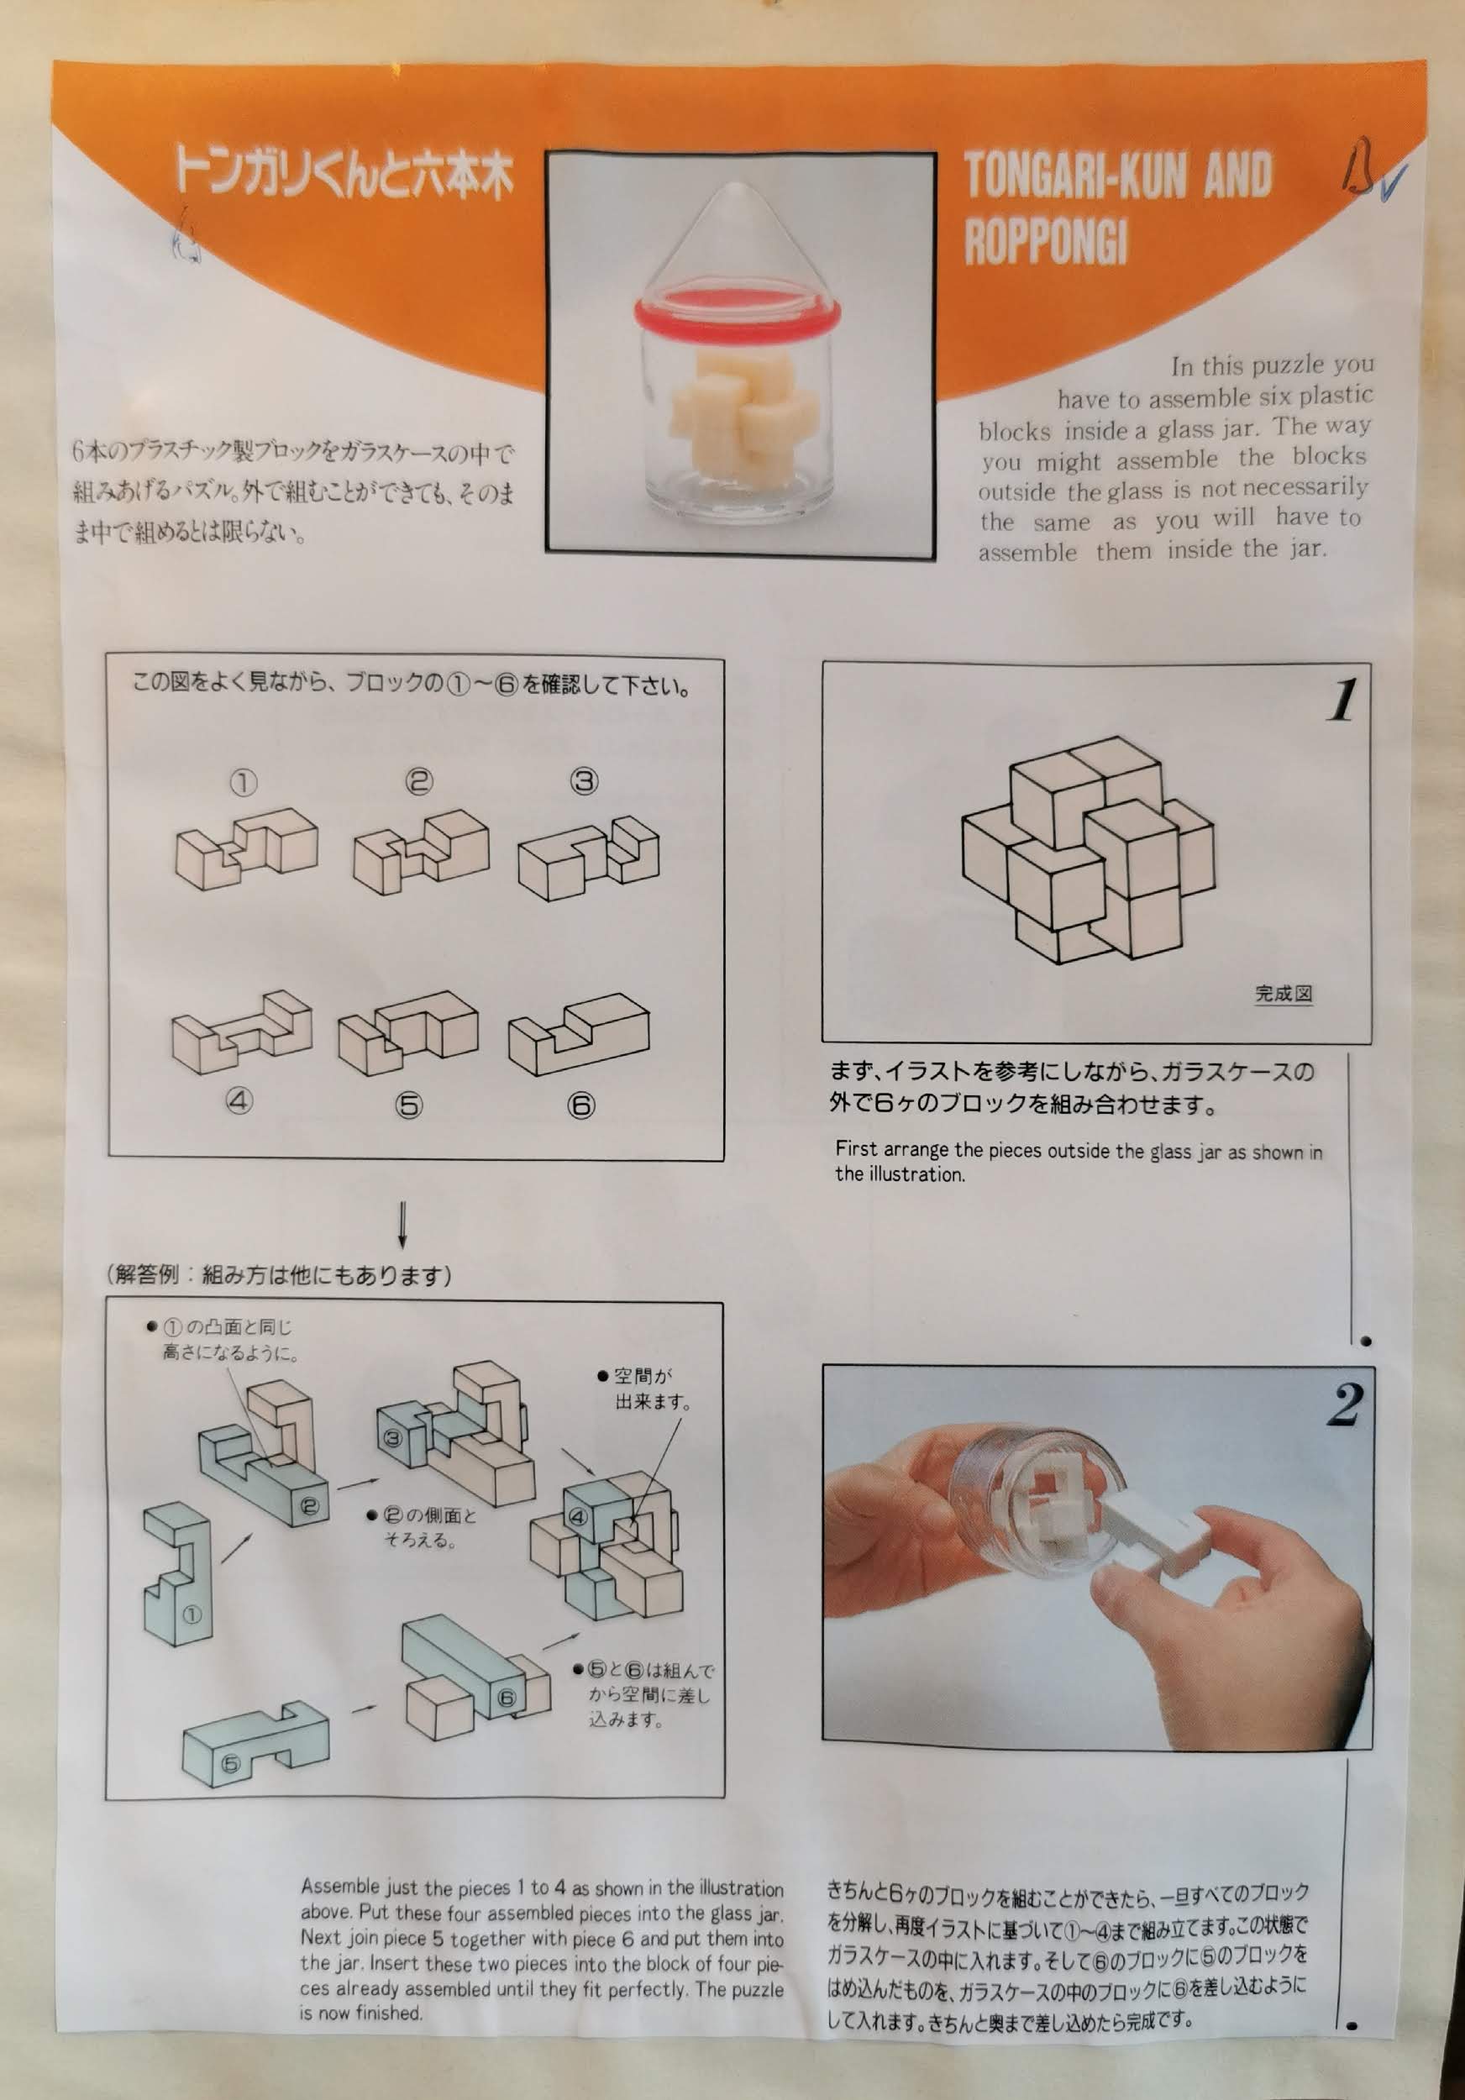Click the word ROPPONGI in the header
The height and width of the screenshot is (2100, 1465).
[x=1045, y=240]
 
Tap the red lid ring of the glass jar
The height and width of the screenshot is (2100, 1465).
[x=737, y=312]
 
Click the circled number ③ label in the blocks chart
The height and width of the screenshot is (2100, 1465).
[x=585, y=781]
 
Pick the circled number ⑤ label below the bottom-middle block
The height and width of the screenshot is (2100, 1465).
[x=409, y=1105]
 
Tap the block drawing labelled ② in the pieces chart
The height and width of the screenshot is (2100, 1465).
[x=421, y=852]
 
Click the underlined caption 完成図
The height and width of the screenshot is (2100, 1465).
[x=1283, y=995]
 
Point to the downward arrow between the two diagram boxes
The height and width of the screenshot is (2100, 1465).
[x=402, y=1225]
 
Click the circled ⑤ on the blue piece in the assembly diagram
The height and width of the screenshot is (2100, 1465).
[x=230, y=1763]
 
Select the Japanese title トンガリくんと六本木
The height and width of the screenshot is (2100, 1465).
[x=344, y=172]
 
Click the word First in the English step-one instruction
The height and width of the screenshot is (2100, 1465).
[x=856, y=1149]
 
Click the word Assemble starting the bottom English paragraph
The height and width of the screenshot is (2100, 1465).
[x=339, y=1887]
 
